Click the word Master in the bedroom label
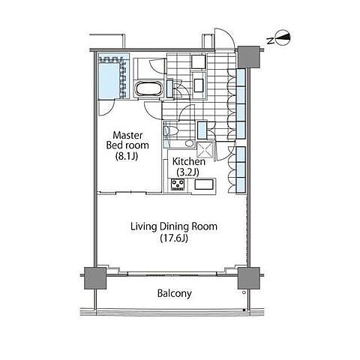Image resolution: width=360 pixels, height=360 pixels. point(127,135)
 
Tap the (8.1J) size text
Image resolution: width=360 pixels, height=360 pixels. point(127,157)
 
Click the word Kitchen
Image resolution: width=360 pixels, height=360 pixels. point(189,161)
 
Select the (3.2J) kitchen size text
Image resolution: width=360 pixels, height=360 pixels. point(188,172)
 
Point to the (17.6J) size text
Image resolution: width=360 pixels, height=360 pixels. point(174,238)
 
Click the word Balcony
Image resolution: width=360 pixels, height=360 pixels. point(175,293)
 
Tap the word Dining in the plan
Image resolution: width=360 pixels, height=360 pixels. point(173,226)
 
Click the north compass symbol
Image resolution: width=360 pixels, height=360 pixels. point(283,38)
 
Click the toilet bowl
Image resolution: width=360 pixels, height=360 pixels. point(171,130)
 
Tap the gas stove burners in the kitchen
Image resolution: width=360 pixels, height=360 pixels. point(178,184)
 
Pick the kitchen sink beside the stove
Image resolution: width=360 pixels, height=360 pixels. point(204,184)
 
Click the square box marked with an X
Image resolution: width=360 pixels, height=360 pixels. point(205,150)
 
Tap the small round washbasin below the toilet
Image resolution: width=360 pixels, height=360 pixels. point(190,143)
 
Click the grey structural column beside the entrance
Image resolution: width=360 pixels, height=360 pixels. point(248,57)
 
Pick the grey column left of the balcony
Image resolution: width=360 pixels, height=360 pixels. point(95,278)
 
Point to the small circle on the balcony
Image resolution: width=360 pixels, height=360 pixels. point(244,292)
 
